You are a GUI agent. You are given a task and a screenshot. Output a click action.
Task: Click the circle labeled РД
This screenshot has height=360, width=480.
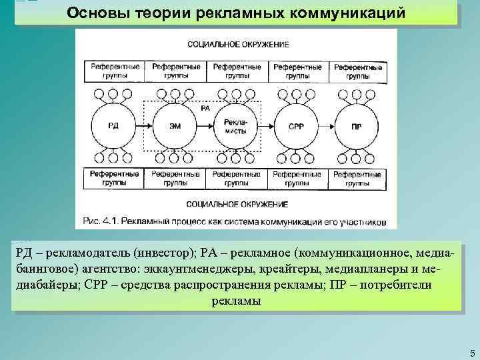click(x=113, y=125)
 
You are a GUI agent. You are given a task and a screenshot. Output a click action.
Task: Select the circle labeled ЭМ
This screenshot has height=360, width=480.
click(x=173, y=125)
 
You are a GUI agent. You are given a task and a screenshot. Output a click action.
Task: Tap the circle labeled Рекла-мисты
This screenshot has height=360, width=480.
click(x=235, y=125)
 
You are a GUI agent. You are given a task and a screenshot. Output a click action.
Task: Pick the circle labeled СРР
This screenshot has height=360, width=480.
click(x=296, y=125)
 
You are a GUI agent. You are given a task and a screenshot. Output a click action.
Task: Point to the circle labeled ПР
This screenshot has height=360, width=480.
click(x=357, y=125)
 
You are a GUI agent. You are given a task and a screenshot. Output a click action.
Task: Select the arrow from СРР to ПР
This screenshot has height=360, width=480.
click(x=327, y=125)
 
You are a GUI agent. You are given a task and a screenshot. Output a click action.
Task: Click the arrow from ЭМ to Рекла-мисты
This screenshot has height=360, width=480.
click(x=204, y=125)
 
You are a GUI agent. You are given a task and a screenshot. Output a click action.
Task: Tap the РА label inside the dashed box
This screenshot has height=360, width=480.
click(x=205, y=108)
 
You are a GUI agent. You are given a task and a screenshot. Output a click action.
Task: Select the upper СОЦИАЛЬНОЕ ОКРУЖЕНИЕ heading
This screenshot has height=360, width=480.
click(x=238, y=45)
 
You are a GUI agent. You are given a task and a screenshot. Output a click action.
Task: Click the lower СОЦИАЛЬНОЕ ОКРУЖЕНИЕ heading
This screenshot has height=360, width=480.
click(x=238, y=203)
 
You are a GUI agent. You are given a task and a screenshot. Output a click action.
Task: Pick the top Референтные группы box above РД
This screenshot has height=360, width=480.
click(x=114, y=71)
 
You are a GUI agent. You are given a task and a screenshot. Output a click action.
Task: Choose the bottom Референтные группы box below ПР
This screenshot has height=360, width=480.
click(x=357, y=179)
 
